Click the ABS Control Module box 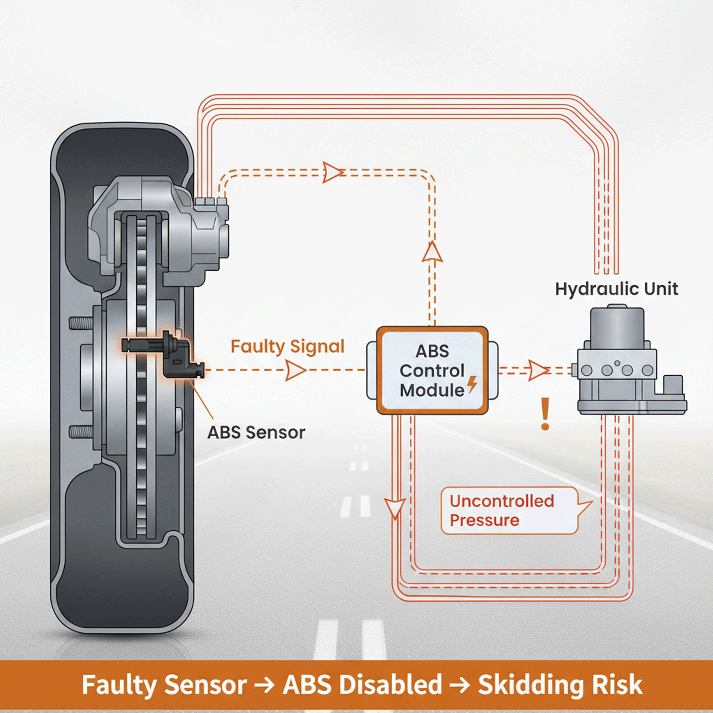[x=432, y=370]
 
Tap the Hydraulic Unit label [x=616, y=289]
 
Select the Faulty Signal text [x=287, y=346]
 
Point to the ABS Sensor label [x=256, y=432]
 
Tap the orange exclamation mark [x=545, y=414]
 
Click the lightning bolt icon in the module [x=472, y=384]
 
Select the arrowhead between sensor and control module [x=295, y=370]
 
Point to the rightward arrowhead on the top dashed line [x=332, y=172]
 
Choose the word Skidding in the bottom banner [x=530, y=684]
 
